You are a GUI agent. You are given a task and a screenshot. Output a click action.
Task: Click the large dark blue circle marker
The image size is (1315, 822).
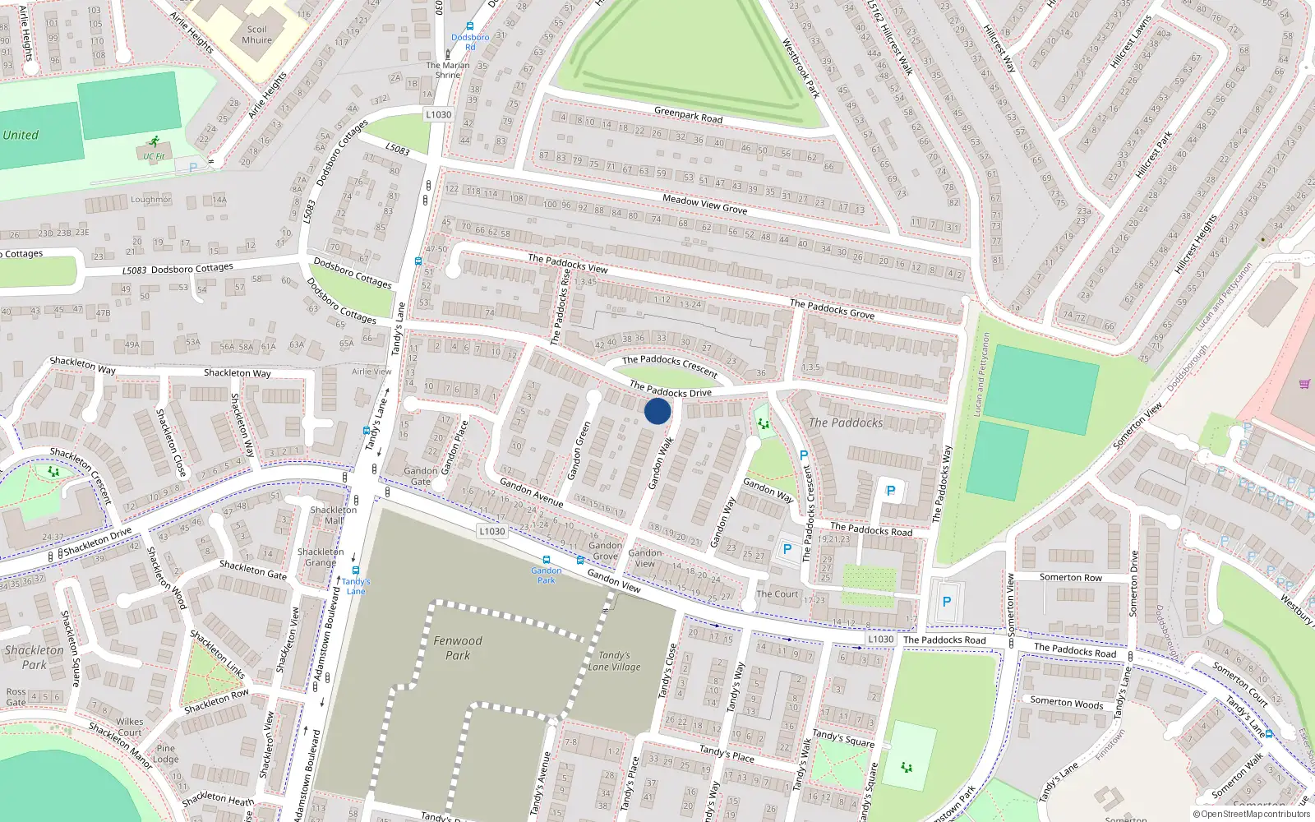pyautogui.click(x=657, y=411)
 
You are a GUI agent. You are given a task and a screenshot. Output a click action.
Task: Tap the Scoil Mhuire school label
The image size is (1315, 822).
pyautogui.click(x=256, y=35)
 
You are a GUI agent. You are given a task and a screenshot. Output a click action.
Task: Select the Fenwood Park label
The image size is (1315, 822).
pyautogui.click(x=458, y=648)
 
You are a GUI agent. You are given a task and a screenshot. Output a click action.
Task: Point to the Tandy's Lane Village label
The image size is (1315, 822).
pyautogui.click(x=614, y=661)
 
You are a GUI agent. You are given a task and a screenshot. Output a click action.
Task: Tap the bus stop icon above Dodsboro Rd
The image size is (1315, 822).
pyautogui.click(x=469, y=26)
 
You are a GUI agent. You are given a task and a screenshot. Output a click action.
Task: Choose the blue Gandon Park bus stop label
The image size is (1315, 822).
pyautogui.click(x=547, y=575)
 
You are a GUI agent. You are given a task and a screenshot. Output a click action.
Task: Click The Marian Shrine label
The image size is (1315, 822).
pyautogui.click(x=448, y=70)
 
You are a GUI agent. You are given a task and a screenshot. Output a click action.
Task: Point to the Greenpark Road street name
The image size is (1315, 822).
pyautogui.click(x=689, y=115)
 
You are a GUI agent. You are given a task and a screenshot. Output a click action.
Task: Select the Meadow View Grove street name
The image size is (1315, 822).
pyautogui.click(x=705, y=205)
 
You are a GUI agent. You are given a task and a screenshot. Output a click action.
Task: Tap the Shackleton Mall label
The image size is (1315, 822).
pyautogui.click(x=334, y=515)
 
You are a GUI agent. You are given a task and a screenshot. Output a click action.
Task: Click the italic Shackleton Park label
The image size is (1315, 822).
pyautogui.click(x=34, y=657)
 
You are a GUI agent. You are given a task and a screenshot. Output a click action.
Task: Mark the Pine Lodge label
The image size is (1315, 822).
pyautogui.click(x=165, y=754)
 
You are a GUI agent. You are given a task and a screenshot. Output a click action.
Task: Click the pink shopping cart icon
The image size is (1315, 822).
pyautogui.click(x=1304, y=384)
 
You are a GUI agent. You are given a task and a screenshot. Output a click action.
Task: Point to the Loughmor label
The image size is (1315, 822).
pyautogui.click(x=151, y=199)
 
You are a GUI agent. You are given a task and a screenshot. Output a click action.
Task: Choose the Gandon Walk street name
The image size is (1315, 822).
pyautogui.click(x=661, y=464)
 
